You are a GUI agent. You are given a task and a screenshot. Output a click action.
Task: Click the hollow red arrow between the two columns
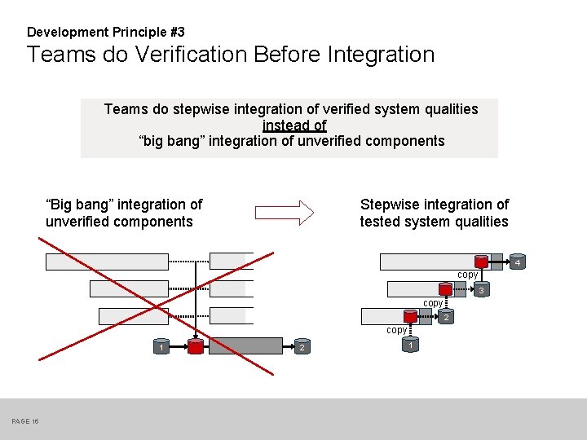(285, 213)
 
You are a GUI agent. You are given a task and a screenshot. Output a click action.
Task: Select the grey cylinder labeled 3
(481, 291)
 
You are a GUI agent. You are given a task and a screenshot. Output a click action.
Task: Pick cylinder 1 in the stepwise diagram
(412, 345)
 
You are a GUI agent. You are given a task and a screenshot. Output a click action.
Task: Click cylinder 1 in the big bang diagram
(161, 348)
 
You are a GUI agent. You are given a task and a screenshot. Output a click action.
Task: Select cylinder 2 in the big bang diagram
(301, 348)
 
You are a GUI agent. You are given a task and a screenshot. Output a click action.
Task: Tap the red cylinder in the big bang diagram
(196, 347)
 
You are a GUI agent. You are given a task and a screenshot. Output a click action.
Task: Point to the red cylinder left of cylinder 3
(445, 289)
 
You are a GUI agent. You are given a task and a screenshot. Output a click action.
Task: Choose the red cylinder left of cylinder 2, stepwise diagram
(411, 316)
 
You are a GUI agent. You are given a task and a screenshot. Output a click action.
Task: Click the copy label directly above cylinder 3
(467, 275)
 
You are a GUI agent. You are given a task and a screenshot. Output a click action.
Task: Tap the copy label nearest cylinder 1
(396, 330)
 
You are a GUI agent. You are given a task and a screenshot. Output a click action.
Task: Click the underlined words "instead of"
(294, 125)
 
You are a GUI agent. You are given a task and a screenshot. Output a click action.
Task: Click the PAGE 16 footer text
(25, 421)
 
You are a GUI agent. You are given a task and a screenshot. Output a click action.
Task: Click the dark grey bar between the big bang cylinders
(248, 347)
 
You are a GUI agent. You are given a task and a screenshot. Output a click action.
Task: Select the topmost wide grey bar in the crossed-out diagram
(106, 262)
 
